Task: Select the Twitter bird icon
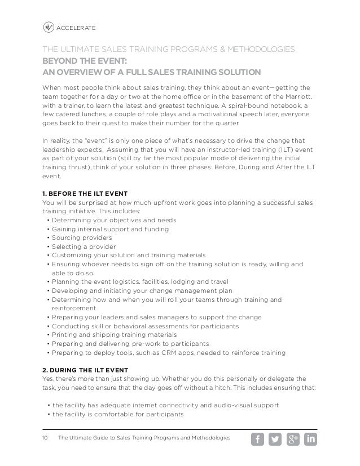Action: tap(275, 439)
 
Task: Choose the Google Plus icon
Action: tap(293, 439)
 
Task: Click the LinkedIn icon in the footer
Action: tap(310, 439)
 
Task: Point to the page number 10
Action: tap(46, 439)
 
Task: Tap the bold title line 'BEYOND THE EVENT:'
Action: tap(85, 61)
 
